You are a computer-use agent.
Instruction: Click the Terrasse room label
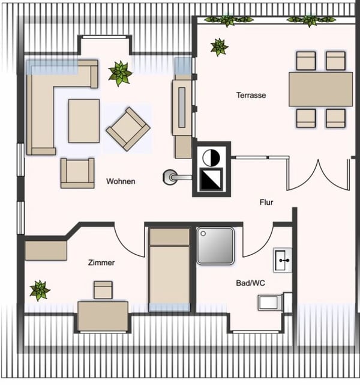click(251, 95)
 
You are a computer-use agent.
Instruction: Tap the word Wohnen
click(121, 181)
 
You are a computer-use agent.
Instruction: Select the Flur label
click(266, 202)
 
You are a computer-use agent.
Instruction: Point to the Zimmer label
click(101, 262)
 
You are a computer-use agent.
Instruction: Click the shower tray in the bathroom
click(215, 246)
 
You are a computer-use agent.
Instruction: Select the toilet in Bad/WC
click(269, 302)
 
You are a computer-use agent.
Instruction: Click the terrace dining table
click(320, 89)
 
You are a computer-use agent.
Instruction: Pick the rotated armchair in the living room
click(127, 129)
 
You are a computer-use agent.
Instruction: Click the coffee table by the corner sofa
click(83, 120)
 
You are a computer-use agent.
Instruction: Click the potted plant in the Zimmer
click(40, 290)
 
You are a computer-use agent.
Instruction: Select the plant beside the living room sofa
click(120, 73)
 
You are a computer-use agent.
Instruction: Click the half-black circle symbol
click(211, 157)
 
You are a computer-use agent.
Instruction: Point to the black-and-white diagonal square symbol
click(211, 179)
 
